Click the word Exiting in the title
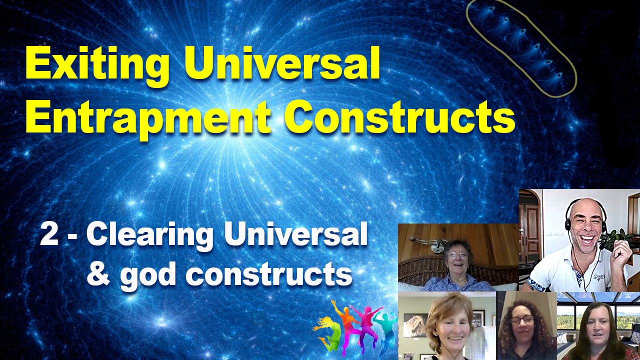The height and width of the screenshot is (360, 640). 97,65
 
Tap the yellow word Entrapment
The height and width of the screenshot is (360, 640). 148,118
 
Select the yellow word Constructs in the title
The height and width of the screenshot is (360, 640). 399,116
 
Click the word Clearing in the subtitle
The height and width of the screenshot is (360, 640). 150,237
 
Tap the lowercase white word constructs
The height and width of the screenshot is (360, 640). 269,274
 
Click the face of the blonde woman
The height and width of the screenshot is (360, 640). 451,328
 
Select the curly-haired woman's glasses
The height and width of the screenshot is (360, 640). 521,320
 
